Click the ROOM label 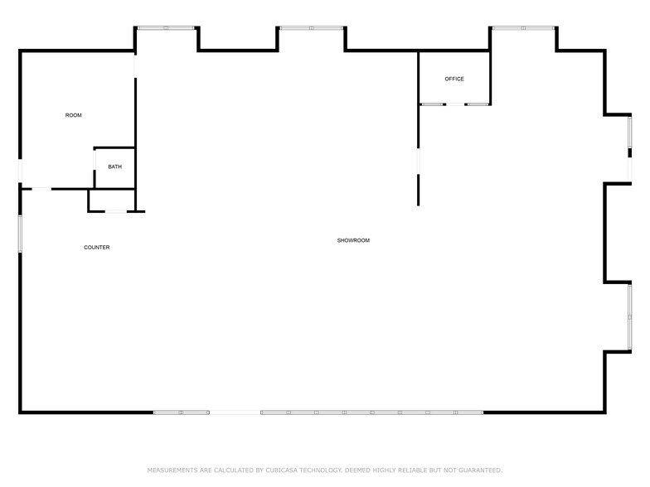click(74, 115)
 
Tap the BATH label click(114, 166)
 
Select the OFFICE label click(454, 79)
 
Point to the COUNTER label click(96, 248)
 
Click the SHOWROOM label click(353, 240)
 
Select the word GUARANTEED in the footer click(476, 470)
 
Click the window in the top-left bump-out click(166, 28)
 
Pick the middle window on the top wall click(311, 28)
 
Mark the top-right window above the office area click(523, 28)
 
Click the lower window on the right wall click(630, 317)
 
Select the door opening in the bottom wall click(235, 412)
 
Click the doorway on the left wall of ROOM click(20, 171)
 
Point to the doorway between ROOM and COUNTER click(41, 189)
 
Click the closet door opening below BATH click(116, 211)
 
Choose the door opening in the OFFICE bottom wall click(455, 104)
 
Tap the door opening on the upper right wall click(630, 167)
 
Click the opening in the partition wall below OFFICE click(418, 162)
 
